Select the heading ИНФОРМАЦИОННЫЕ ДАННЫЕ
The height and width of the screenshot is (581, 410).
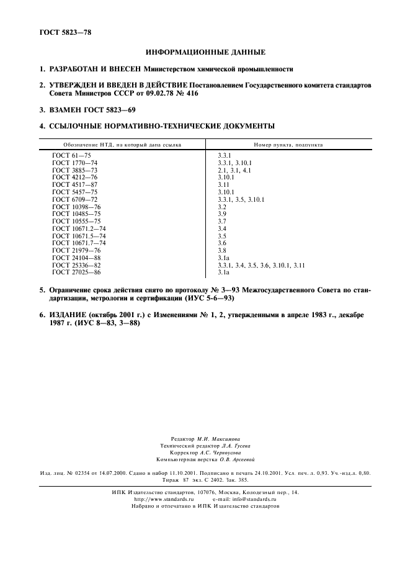(x=205, y=52)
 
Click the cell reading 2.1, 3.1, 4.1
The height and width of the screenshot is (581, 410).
(x=234, y=169)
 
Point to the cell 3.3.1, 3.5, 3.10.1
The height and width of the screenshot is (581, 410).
(x=241, y=199)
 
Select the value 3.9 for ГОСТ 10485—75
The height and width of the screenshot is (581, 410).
(x=223, y=214)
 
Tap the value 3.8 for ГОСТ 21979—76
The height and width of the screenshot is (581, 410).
(x=223, y=250)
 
